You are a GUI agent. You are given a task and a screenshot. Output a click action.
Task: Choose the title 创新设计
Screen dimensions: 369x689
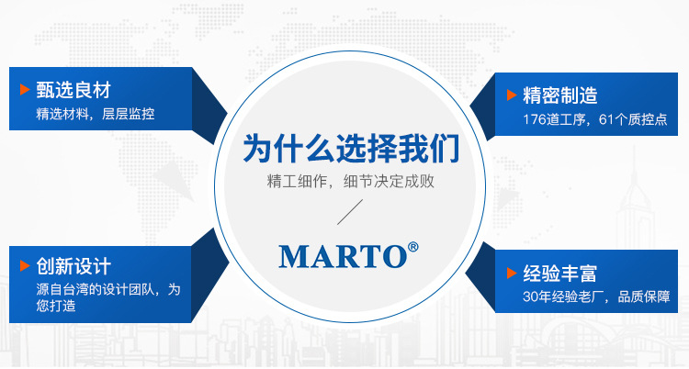click(73, 267)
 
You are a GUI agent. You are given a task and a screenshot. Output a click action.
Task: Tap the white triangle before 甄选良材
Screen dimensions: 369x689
click(25, 91)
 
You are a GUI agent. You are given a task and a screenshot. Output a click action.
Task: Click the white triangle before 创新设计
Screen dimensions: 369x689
click(25, 267)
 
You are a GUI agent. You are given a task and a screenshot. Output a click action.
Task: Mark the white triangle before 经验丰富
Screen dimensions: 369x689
click(512, 273)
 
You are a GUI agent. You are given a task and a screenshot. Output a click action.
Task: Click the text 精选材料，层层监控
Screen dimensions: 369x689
click(96, 115)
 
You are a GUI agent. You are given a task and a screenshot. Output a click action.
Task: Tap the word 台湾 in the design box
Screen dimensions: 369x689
click(78, 290)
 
